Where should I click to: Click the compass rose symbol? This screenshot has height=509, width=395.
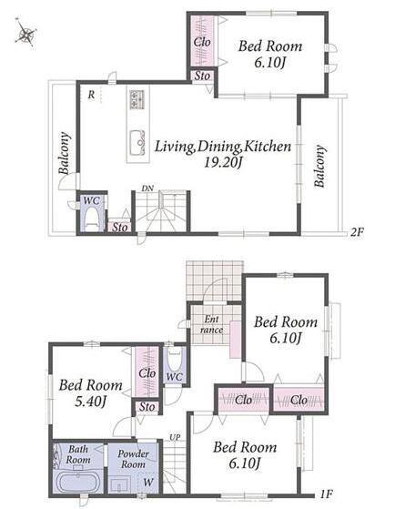(25, 33)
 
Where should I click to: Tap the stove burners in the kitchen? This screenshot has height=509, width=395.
(137, 99)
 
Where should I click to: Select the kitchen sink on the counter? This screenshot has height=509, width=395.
(137, 143)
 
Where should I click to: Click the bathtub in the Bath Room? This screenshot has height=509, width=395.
(78, 483)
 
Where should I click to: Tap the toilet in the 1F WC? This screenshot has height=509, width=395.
(175, 360)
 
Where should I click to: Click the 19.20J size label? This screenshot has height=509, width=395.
(223, 162)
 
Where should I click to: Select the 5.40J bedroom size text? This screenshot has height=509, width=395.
(90, 402)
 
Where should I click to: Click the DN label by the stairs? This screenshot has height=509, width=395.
(147, 188)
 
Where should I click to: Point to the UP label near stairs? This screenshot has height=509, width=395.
(175, 437)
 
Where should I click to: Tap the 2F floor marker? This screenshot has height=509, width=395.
(357, 232)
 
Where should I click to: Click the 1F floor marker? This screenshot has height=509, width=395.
(326, 494)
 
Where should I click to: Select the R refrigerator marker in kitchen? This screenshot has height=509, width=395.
(92, 95)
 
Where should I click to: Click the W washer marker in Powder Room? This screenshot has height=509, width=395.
(148, 482)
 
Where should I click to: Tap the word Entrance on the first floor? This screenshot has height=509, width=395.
(212, 325)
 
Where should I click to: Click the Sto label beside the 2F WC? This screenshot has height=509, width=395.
(120, 228)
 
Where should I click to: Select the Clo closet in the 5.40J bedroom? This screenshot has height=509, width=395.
(147, 372)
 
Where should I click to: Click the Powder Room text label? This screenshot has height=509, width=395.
(133, 459)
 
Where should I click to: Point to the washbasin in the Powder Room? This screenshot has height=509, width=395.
(119, 484)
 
